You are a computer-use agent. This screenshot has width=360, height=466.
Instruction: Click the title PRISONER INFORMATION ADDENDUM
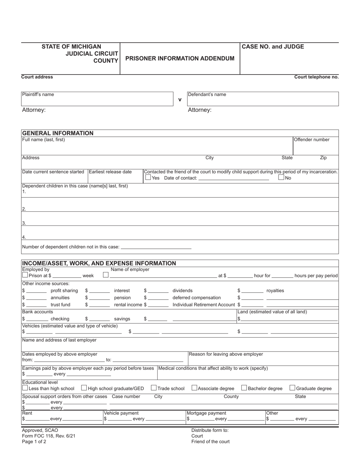[x=180, y=58]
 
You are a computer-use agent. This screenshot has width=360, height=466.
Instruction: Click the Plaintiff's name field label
[x=38, y=94]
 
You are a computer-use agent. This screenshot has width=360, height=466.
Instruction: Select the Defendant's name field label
[x=207, y=94]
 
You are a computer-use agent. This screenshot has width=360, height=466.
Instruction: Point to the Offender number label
[x=311, y=139]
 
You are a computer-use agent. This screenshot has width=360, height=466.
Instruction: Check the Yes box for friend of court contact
[x=148, y=177]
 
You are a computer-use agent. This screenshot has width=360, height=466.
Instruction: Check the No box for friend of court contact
[x=281, y=177]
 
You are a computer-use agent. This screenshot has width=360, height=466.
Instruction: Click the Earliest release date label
[x=110, y=172]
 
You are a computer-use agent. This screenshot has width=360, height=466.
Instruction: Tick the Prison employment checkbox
[x=25, y=275]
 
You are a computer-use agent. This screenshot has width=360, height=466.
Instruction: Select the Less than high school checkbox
[x=25, y=388]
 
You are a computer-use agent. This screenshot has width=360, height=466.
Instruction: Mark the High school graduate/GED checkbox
[x=84, y=388]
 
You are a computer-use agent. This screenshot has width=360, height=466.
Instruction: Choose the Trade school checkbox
[x=153, y=388]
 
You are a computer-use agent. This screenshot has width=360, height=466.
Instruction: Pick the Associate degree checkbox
[x=194, y=388]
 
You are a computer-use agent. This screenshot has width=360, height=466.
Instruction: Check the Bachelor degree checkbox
[x=244, y=388]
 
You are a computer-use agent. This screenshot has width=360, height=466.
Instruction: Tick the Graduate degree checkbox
[x=292, y=388]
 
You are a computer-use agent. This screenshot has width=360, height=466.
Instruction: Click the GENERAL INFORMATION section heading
[x=58, y=133]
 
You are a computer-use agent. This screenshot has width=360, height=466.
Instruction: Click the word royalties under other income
[x=275, y=291]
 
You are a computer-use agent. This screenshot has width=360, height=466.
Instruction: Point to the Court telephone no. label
[x=316, y=77]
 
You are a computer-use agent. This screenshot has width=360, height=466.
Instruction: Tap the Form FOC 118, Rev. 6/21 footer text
[x=49, y=436]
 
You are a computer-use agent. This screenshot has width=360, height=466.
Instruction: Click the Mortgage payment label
[x=207, y=413]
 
